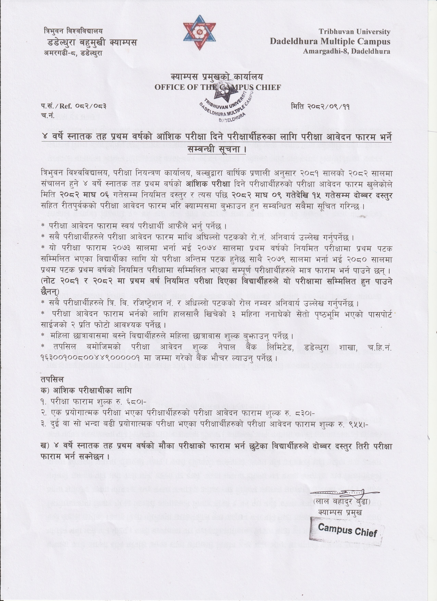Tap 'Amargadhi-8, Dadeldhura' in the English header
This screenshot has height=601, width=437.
tap(346, 51)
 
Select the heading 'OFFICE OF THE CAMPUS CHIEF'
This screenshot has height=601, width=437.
tap(217, 87)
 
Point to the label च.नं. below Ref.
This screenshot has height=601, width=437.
tap(48, 115)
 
